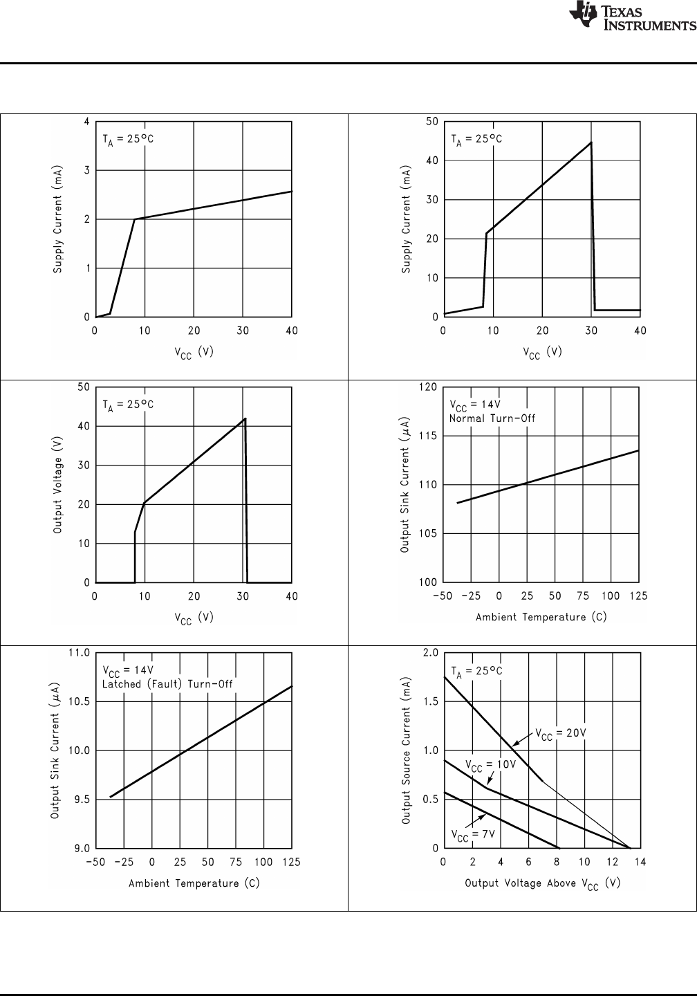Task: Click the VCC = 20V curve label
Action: [561, 735]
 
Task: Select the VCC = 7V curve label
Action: [473, 834]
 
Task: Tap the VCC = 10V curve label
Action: [490, 765]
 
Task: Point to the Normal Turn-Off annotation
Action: [492, 418]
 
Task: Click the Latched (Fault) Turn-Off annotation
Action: [167, 684]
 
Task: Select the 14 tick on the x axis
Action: [640, 863]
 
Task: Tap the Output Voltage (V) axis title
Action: [58, 485]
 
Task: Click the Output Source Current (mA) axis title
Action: [407, 750]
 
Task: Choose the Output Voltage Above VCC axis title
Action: [542, 883]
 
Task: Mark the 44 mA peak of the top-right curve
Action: [591, 142]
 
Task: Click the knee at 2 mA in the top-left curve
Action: [134, 219]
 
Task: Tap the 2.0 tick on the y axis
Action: [430, 653]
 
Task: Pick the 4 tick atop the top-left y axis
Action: [87, 122]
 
